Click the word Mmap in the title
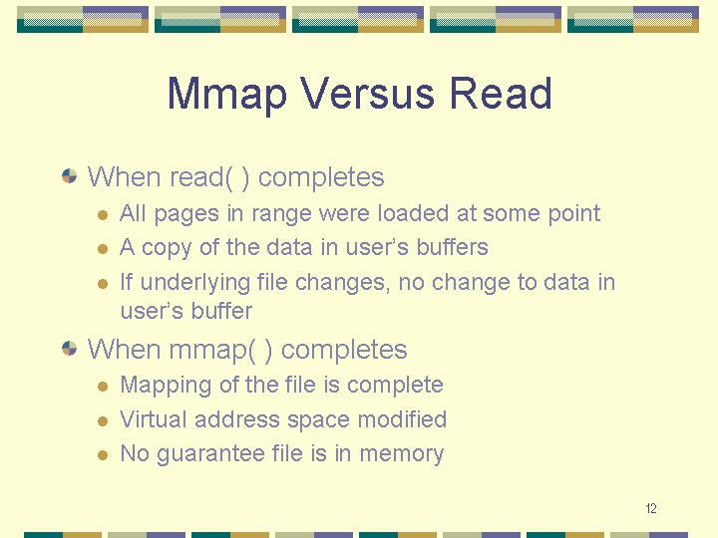pos(227,95)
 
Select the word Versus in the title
pos(367,93)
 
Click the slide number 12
pos(650,508)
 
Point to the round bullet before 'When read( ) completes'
pos(69,176)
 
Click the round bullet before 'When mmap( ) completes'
pos(69,348)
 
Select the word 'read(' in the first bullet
pos(201,177)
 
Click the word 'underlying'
pos(194,283)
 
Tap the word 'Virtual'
pos(154,419)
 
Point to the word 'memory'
pos(401,454)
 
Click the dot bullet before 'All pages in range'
pos(103,215)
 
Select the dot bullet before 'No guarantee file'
pos(103,455)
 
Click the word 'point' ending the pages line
pos(574,214)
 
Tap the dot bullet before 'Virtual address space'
pos(103,420)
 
